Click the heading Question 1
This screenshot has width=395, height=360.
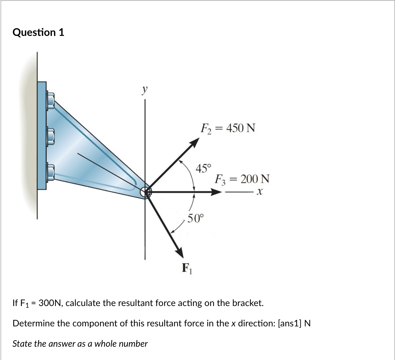coord(38,32)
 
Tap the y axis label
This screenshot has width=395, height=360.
coord(145,90)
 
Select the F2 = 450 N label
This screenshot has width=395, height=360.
coord(228,128)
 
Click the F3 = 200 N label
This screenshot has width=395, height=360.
coord(242,179)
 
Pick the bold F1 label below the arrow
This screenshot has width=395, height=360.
coord(187,268)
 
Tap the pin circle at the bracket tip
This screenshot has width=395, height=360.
coord(146,192)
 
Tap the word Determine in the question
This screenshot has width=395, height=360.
coord(34,323)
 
